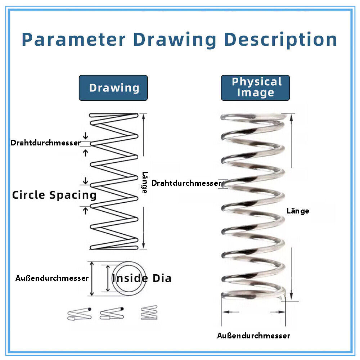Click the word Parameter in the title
click(x=73, y=39)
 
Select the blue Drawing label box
click(x=113, y=88)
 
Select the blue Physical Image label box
click(x=255, y=87)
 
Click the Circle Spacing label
click(x=54, y=195)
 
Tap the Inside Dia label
click(x=141, y=278)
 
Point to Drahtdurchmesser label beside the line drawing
click(x=46, y=143)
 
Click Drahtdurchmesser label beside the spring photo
click(x=186, y=183)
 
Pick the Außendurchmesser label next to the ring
click(x=52, y=278)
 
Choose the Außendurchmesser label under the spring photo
click(x=253, y=336)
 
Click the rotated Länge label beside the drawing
click(x=144, y=182)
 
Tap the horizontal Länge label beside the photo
click(x=298, y=211)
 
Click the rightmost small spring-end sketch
click(x=149, y=312)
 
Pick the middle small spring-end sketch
click(x=112, y=314)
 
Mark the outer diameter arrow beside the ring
click(x=92, y=279)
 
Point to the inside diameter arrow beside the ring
click(x=108, y=279)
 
